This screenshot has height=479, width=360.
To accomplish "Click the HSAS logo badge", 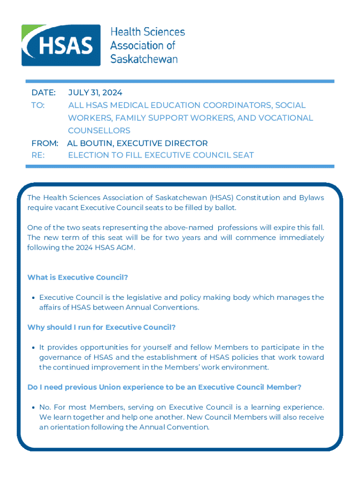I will tap(61, 45).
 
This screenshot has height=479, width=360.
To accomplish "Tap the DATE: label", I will tap(43, 93).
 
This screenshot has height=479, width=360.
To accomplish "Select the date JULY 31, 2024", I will tap(95, 93).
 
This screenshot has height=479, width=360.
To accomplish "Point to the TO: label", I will tap(38, 105).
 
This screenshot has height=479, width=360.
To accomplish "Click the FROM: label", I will tap(45, 143).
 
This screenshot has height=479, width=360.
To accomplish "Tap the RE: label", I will tap(38, 155).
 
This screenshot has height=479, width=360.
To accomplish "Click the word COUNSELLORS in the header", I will tap(99, 130).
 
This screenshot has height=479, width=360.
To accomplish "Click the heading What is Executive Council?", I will tap(78, 277).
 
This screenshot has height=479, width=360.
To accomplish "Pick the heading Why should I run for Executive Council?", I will tap(101, 327).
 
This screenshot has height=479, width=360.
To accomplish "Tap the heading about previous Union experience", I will tap(164, 387).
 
